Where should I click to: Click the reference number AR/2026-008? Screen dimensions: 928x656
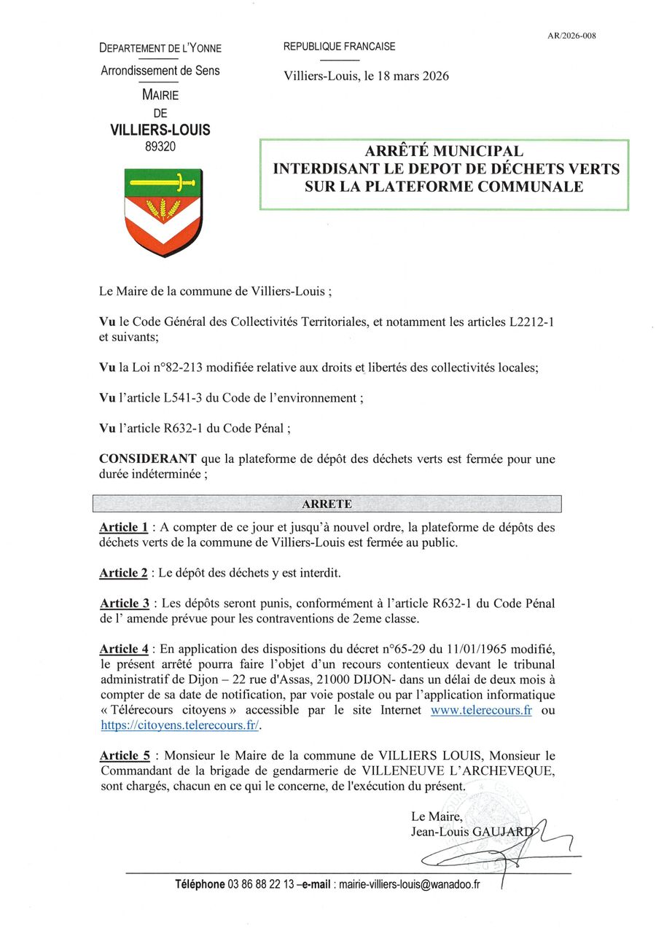tap(571, 35)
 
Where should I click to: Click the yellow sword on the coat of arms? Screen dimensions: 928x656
tap(160, 181)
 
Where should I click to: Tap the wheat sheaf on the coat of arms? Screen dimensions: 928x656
tap(163, 208)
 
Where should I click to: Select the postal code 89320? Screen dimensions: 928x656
tap(160, 147)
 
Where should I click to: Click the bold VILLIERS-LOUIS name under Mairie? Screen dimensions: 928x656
tap(160, 130)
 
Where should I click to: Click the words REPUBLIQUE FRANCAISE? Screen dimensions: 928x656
tap(340, 47)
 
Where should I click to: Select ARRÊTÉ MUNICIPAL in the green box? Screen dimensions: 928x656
tap(444, 152)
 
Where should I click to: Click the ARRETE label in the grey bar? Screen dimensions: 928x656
tap(327, 504)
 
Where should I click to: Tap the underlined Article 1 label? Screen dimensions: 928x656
tap(123, 527)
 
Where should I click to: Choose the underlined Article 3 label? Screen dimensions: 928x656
tap(124, 604)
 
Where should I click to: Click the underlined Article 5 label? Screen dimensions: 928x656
tap(124, 756)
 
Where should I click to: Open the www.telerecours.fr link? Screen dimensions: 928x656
tap(481, 710)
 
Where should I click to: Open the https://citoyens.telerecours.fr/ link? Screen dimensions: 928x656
tap(179, 725)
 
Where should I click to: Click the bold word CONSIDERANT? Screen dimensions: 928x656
tap(147, 459)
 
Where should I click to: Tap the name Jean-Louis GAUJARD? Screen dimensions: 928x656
tap(472, 831)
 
